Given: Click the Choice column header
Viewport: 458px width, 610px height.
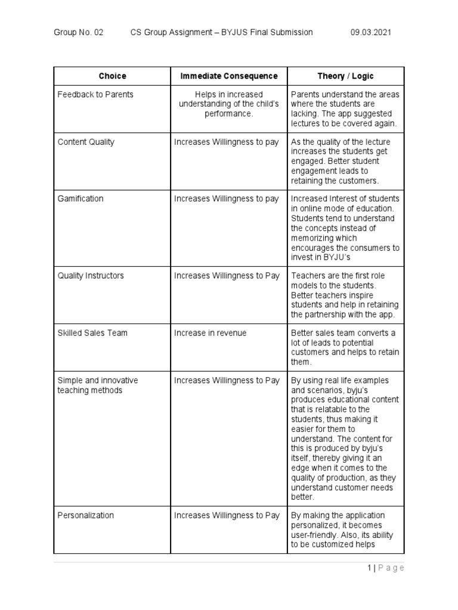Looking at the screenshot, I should pos(112,76).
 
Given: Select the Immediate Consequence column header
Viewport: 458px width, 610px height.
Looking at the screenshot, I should pos(229,76).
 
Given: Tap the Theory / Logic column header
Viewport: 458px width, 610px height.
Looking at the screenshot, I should pos(345,76).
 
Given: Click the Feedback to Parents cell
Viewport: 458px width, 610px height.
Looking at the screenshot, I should pos(95,95).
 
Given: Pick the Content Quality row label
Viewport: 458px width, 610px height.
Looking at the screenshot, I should pos(86,142).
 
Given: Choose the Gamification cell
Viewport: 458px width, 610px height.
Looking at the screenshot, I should pos(80,199).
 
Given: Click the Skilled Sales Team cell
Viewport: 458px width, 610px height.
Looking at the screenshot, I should pos(92,333).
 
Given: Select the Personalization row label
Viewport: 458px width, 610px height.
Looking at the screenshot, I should pos(85,515).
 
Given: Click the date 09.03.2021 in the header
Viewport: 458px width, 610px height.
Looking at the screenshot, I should pos(372,32).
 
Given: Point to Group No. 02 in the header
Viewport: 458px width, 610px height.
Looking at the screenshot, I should pos(78,32).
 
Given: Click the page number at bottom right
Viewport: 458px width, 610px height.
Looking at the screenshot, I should pos(386,568).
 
